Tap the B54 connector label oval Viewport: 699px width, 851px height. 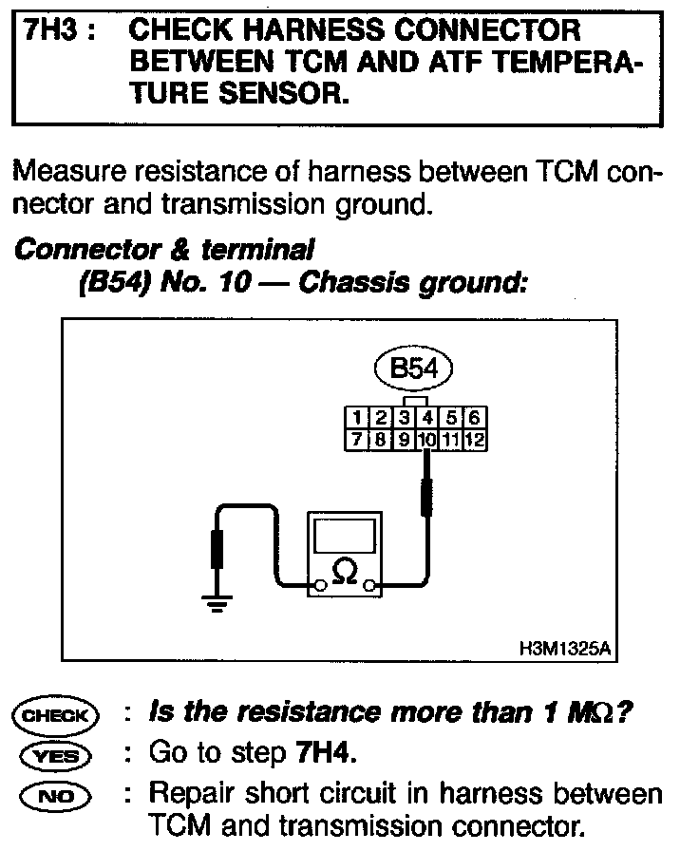413,369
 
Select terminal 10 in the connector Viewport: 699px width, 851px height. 427,440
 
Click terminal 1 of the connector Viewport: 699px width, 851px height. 354,418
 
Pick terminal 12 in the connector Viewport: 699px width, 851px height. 476,440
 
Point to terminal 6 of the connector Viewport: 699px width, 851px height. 476,418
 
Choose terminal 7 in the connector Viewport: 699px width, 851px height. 354,440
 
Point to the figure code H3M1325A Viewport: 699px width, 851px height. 564,651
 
